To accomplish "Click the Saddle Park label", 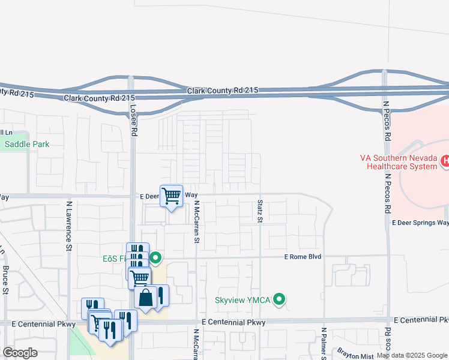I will click(26, 144).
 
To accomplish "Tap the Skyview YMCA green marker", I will click(279, 299).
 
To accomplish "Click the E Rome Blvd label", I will click(303, 257).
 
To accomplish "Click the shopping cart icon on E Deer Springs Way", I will click(172, 195).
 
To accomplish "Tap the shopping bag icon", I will click(146, 297).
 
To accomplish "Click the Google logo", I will click(20, 353).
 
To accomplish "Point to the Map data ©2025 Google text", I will click(412, 356).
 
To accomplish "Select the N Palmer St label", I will click(323, 344).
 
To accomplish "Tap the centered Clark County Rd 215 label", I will click(222, 90).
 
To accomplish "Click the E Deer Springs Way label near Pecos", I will click(420, 223).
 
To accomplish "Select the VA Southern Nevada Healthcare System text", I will click(399, 161).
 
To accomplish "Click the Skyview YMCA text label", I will click(243, 299).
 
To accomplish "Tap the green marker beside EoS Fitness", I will click(156, 259).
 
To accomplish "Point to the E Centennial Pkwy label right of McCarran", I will click(234, 323).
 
